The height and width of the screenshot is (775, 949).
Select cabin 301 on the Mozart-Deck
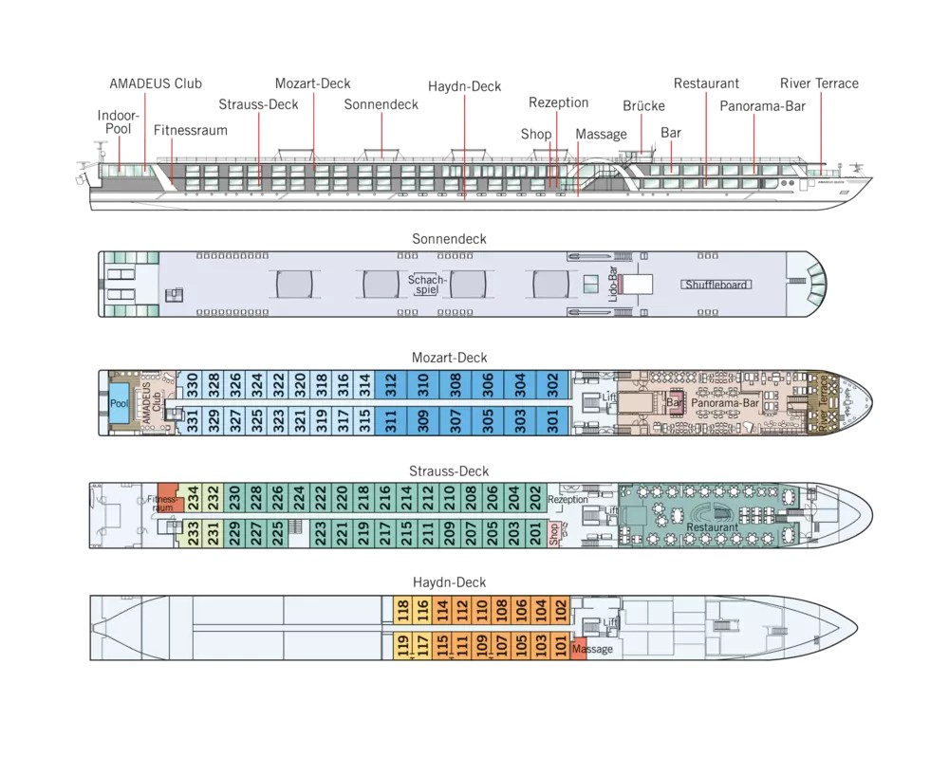click(x=553, y=420)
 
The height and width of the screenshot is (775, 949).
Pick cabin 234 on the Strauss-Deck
click(x=193, y=496)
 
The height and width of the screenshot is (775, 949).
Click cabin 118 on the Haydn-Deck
click(x=402, y=609)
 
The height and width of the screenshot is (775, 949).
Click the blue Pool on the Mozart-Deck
click(x=119, y=402)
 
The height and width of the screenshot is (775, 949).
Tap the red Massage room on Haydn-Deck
click(x=580, y=650)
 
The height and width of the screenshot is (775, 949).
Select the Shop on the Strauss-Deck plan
click(x=556, y=534)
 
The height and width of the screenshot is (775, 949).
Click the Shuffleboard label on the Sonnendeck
click(x=716, y=285)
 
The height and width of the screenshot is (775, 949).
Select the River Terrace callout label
click(x=819, y=83)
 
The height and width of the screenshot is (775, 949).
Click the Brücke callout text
click(x=643, y=106)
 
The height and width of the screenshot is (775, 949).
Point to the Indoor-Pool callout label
click(x=118, y=122)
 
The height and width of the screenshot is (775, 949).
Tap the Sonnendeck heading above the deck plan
click(x=449, y=239)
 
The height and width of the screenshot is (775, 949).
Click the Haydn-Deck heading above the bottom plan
click(x=449, y=582)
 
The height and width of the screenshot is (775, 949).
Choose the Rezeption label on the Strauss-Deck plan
click(x=568, y=500)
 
